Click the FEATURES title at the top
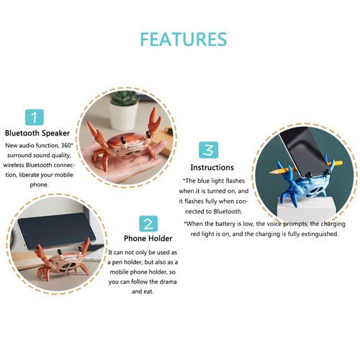184,40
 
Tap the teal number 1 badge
35,117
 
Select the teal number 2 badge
148,224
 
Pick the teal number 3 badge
209,150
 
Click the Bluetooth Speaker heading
37,133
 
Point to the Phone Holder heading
148,238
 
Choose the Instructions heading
212,168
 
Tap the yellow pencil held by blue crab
305,168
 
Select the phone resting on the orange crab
57,230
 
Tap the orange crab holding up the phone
61,261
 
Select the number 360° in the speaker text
66,145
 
